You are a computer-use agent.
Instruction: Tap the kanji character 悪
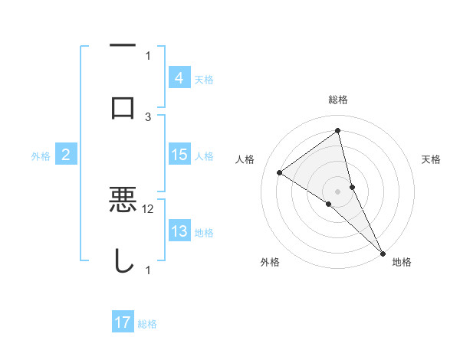[123, 200]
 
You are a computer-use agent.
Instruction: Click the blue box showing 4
[179, 77]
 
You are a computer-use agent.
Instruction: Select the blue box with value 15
[179, 155]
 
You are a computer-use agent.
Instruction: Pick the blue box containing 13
[179, 231]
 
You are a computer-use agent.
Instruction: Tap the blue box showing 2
[66, 155]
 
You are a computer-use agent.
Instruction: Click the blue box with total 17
[122, 322]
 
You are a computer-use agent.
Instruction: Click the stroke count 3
[148, 116]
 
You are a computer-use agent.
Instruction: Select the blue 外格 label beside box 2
[41, 155]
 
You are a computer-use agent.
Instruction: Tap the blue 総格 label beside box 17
[147, 323]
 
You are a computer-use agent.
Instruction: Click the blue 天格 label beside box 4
[204, 78]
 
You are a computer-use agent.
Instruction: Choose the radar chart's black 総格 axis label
[337, 100]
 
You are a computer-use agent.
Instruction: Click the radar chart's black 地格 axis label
[402, 263]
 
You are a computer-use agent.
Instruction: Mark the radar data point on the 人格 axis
[279, 173]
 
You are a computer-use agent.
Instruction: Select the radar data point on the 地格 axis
[382, 253]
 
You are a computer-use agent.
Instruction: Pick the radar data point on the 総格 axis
[337, 131]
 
